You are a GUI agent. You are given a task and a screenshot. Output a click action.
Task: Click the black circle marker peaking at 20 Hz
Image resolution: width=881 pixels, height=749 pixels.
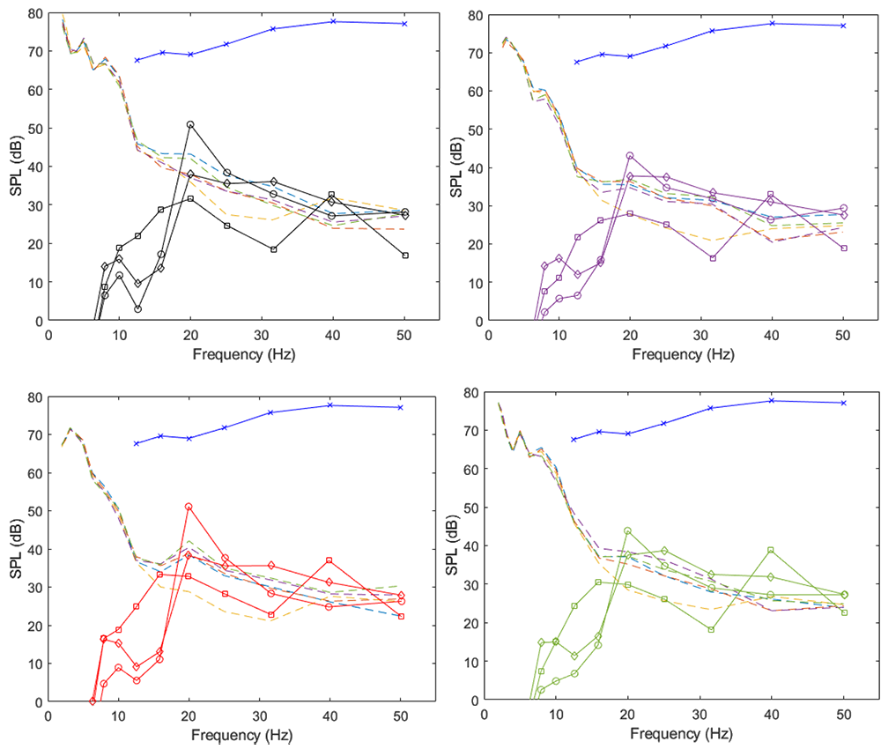pos(189,124)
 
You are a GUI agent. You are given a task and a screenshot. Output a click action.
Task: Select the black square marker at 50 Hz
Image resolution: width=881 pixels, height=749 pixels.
pos(404,256)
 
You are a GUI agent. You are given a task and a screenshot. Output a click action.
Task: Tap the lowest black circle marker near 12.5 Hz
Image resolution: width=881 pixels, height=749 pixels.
pos(138,309)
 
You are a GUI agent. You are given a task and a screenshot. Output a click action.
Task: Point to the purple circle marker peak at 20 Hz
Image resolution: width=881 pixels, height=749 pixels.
pos(629,156)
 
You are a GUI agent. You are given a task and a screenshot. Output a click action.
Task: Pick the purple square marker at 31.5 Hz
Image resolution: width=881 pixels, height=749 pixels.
pos(712,258)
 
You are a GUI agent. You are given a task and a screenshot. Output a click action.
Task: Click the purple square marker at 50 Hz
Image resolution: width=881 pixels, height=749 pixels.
pos(843,248)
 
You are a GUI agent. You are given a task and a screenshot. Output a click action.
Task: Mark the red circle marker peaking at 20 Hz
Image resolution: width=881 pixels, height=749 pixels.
pos(189,507)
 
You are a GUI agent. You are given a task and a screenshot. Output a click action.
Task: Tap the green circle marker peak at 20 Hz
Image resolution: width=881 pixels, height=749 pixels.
pos(627,531)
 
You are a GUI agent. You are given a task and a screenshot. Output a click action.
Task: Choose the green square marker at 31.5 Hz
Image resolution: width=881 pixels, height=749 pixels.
pos(710,629)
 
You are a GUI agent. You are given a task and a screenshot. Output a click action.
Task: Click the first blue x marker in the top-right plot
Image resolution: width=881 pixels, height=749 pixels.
pos(577,62)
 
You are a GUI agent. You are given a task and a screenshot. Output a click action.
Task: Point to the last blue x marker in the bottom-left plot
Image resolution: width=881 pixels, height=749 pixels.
pos(400,407)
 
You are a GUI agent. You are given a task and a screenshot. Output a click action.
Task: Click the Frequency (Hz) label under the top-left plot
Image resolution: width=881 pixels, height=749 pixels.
pos(243,356)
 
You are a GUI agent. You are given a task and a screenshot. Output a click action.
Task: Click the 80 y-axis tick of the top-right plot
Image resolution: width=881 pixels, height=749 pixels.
pos(473,14)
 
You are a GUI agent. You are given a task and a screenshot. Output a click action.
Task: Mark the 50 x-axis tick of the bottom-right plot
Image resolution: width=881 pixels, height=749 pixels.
pos(843,716)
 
